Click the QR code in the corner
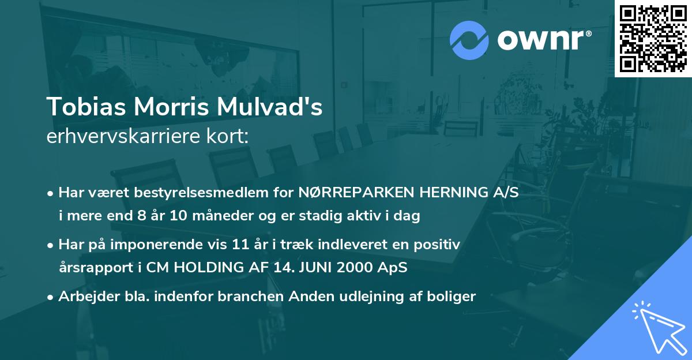click(x=653, y=38)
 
